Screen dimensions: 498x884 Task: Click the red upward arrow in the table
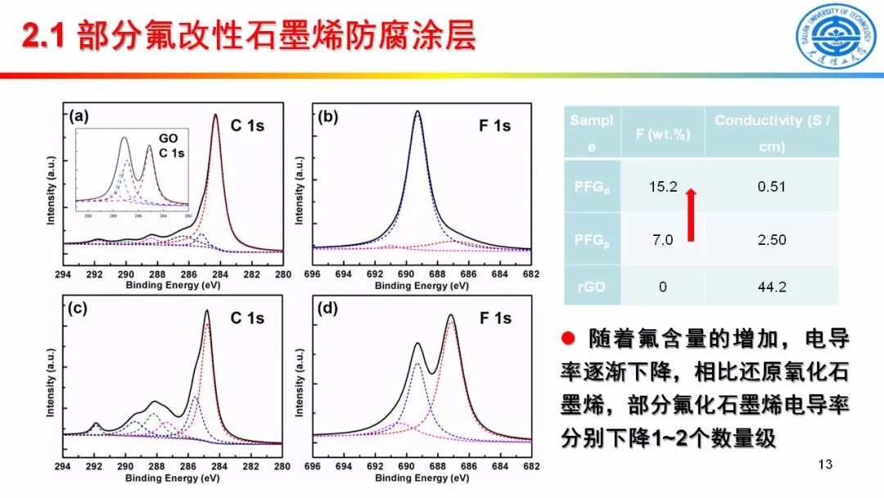691,214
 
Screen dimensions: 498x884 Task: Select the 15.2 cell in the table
662,187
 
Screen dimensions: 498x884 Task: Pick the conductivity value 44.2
771,287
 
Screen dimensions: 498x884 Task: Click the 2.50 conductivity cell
771,239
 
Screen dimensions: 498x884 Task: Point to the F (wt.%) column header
662,133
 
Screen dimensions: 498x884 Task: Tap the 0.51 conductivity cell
771,187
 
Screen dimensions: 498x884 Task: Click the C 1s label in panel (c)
246,319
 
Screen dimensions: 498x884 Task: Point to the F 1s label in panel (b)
494,125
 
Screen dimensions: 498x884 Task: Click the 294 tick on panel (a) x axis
63,274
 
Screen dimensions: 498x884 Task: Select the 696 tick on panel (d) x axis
312,466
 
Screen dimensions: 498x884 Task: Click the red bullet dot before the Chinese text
567,339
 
